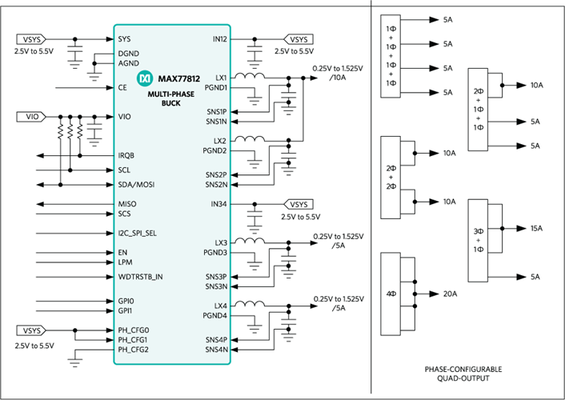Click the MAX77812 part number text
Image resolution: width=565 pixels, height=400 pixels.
coord(178,78)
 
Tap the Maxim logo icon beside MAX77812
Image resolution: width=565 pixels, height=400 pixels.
coord(145,78)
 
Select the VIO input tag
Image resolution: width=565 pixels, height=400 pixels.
coord(31,117)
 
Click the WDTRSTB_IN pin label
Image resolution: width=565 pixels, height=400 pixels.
coord(140,277)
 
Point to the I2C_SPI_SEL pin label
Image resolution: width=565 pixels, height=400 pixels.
coord(138,233)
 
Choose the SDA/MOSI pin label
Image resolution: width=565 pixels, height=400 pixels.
coord(136,185)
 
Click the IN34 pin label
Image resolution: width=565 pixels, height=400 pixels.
coord(218,204)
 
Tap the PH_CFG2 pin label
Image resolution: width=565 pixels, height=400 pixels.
coord(134,350)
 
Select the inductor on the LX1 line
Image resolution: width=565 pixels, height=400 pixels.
coord(250,76)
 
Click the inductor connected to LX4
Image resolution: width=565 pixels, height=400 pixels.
coord(250,304)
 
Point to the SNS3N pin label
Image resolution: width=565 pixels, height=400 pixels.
coord(216,286)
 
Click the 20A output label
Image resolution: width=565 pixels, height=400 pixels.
coord(450,294)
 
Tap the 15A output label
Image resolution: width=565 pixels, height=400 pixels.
coord(536,229)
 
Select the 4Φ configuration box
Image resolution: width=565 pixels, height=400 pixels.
coord(391,294)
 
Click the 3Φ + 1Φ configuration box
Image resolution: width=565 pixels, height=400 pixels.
coord(478,240)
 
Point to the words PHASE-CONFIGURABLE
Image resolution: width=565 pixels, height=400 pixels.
coord(463,370)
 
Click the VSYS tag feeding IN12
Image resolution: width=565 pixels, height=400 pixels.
coord(299,39)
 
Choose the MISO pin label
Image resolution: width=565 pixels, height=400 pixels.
coord(127,204)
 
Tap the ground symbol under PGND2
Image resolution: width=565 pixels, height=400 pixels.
coord(254,163)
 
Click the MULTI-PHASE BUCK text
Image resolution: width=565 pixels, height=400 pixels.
coord(170,98)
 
